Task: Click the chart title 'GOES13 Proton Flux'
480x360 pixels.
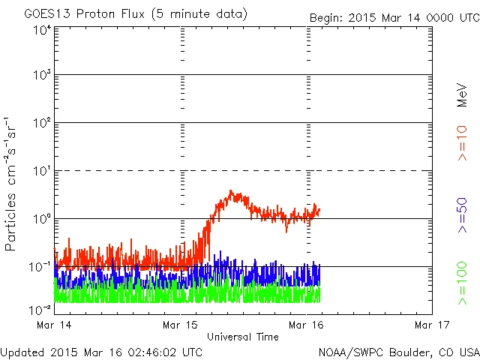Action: [x=90, y=13]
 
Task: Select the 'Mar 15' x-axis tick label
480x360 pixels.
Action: [x=181, y=325]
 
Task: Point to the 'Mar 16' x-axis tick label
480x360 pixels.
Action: [x=307, y=325]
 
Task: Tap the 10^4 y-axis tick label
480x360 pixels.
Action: [x=41, y=30]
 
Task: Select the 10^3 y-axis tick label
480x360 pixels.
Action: [x=41, y=76]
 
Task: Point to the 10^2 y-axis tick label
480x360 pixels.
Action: [x=41, y=124]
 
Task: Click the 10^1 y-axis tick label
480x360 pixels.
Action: [x=41, y=172]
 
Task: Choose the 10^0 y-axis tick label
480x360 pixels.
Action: [x=41, y=220]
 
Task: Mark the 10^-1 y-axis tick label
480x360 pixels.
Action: [x=41, y=268]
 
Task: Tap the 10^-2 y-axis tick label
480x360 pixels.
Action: [x=41, y=308]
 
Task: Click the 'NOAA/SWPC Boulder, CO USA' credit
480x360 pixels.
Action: [x=397, y=352]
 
